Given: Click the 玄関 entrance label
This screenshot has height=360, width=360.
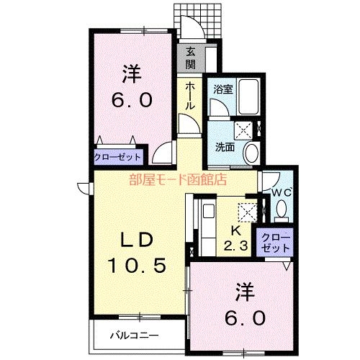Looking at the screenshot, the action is [190, 58].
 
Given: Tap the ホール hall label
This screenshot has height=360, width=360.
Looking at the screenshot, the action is [190, 96].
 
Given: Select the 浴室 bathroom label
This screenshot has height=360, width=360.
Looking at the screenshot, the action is [223, 89].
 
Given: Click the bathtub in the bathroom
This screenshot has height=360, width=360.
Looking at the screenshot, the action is [248, 96].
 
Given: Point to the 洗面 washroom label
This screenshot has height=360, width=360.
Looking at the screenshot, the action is [225, 147].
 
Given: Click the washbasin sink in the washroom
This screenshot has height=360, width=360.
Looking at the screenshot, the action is [251, 153].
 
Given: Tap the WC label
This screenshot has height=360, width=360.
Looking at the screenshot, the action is [282, 192].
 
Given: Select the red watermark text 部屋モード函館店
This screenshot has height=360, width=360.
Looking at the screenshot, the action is [178, 179].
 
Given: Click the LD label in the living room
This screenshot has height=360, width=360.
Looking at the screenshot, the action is [137, 240].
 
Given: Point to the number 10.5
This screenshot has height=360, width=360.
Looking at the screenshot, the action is [137, 266].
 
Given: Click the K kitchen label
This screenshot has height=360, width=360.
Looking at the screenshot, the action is [235, 230].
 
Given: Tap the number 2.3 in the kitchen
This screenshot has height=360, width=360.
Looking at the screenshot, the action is [235, 246].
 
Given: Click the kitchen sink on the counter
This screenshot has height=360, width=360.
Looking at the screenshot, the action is [208, 211].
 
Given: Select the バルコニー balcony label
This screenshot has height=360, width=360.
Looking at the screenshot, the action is [135, 336].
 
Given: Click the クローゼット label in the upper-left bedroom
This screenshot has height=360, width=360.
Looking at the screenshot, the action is [117, 157].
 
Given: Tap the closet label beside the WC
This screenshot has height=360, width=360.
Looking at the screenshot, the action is [275, 243].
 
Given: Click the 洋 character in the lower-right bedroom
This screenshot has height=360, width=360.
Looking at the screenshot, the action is [245, 292].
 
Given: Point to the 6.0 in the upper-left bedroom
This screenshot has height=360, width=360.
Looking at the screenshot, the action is [132, 100].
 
